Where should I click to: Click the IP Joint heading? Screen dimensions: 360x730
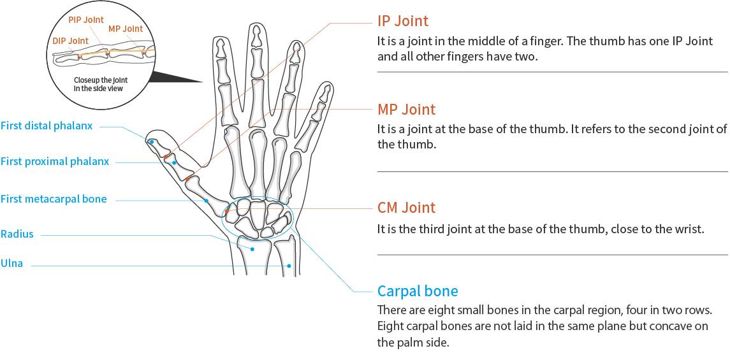pos(402,22)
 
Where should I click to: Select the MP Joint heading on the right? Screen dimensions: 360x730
pos(406,110)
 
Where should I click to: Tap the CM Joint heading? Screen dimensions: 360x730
pos(406,208)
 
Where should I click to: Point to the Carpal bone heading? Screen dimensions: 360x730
pos(418,291)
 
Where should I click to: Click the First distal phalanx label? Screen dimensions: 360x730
pos(47,126)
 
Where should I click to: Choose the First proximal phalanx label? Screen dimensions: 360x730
pos(55,162)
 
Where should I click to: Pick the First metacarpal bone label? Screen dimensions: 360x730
pos(54,199)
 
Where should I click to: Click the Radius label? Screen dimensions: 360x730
pos(17,234)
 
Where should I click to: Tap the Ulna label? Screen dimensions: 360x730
pos(11,264)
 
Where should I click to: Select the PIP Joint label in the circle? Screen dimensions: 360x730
pos(86,20)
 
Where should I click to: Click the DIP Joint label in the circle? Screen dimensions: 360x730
pos(70,41)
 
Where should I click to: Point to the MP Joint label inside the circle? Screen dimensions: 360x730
pos(126,29)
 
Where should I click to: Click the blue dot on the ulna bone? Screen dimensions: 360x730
pos(289,266)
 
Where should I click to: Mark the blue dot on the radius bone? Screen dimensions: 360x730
pos(253,249)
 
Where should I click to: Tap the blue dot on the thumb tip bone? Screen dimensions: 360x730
pos(152,141)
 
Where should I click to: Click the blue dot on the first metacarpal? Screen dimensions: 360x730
pos(207,201)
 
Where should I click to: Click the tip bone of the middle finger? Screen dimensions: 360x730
pos(256,36)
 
